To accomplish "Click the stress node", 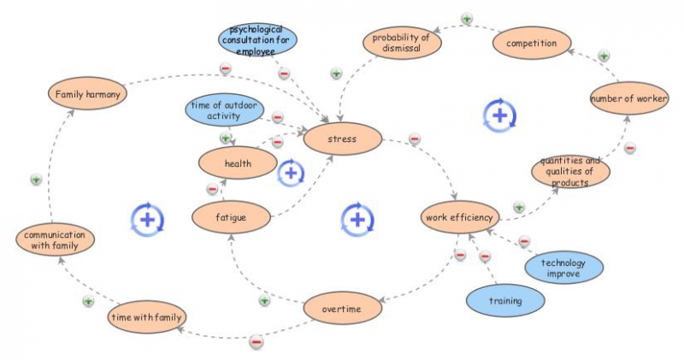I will point(342,137).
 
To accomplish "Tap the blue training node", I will point(504,301).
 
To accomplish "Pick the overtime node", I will point(342,308).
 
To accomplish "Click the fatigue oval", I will point(230,217).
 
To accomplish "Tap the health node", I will point(237,162).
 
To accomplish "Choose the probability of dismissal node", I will point(400,42).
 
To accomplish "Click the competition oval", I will point(530,42).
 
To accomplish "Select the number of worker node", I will point(628,99).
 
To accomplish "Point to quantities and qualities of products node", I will point(570,171).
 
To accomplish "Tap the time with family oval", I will point(146,317).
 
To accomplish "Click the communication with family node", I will point(56,240).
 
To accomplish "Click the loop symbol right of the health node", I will point(291,173).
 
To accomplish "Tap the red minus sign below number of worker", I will point(629,147).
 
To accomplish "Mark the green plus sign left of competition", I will point(466,18).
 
